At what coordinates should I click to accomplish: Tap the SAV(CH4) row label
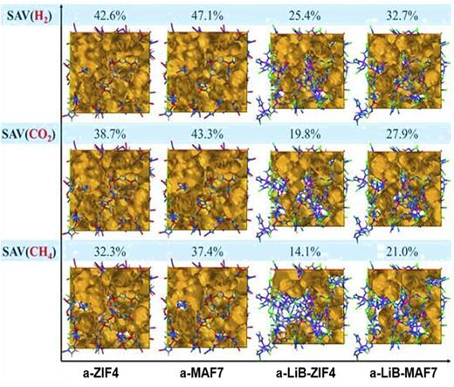(28, 251)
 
